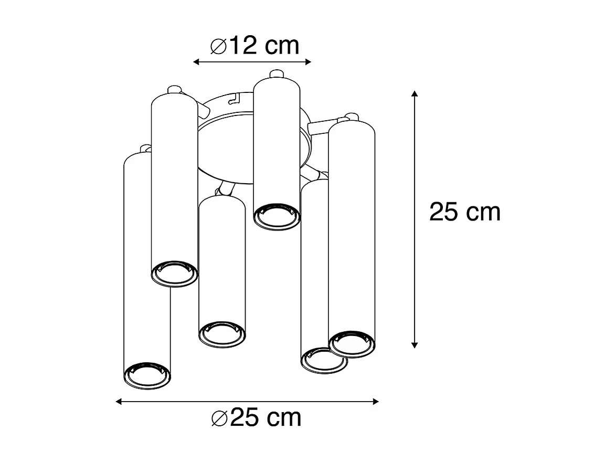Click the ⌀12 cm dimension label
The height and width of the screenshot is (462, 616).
(x=254, y=46)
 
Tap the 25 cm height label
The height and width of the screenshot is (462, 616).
(x=465, y=212)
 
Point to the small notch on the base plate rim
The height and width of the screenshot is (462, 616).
(x=235, y=98)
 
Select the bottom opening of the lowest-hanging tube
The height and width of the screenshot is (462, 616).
(x=147, y=375)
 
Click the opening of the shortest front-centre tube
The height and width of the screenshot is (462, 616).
(x=222, y=334)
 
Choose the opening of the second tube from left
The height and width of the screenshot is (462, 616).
(x=175, y=273)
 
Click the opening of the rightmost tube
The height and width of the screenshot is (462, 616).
(x=352, y=344)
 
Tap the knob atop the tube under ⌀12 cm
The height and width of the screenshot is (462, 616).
(x=276, y=73)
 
